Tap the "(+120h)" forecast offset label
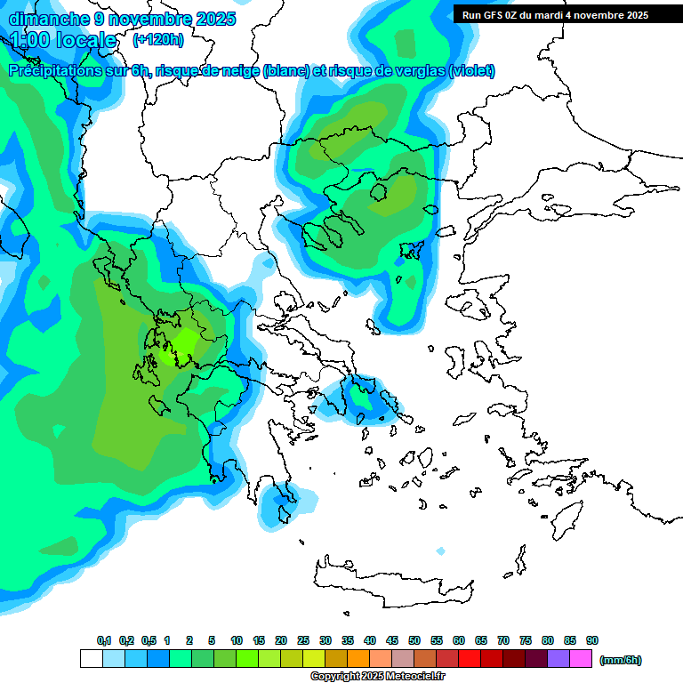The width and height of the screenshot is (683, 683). (157, 40)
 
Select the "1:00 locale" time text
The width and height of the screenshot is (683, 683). (64, 40)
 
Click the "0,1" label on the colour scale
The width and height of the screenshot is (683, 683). (104, 641)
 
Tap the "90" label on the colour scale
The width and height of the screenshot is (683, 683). (592, 641)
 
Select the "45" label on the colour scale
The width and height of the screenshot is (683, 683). (392, 641)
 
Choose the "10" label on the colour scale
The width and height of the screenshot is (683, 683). (237, 641)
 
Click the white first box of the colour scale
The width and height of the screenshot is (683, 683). (91, 659)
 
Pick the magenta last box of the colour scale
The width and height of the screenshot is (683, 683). (581, 659)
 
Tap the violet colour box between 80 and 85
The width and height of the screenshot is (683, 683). (558, 659)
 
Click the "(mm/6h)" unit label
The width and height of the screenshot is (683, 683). (621, 660)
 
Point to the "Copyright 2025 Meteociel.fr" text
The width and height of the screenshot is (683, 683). (377, 677)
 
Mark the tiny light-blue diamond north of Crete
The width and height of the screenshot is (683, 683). (440, 551)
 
